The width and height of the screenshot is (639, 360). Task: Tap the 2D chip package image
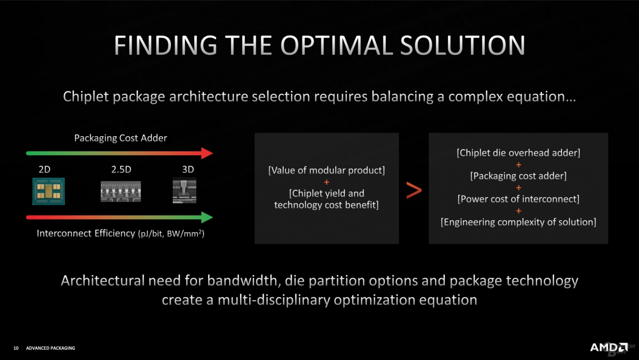[x=49, y=191]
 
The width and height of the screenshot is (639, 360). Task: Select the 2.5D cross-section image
[x=121, y=191]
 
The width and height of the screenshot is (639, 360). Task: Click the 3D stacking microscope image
[x=184, y=191]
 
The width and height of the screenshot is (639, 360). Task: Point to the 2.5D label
[x=121, y=170]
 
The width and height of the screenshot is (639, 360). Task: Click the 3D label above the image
[x=188, y=170]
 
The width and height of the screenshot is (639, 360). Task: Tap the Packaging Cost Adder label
[x=121, y=138]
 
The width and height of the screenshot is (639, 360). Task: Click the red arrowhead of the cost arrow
[x=207, y=153]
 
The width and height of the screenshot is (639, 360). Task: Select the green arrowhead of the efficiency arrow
[x=207, y=217]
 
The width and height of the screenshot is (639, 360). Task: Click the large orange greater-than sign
[x=414, y=190]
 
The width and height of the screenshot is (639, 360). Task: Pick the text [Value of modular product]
[x=326, y=170]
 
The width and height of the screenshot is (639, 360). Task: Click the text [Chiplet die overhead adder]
[x=518, y=153]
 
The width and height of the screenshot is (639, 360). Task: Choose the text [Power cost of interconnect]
[x=518, y=199]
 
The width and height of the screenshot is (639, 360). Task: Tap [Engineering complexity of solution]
[x=518, y=222]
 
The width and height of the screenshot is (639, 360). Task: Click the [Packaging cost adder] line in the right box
[x=518, y=176]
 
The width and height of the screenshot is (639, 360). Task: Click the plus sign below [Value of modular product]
[x=326, y=182]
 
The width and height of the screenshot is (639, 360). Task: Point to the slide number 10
[x=16, y=348]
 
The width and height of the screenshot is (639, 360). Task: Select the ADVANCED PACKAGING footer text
[x=50, y=348]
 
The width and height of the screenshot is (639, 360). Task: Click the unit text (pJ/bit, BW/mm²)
[x=171, y=234]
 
